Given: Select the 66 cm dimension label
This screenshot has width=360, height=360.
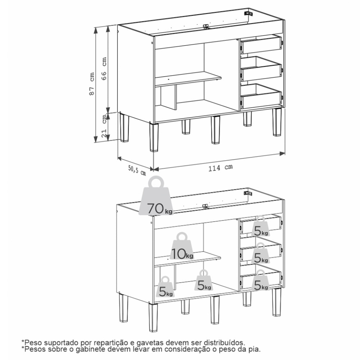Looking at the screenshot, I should point(104,68).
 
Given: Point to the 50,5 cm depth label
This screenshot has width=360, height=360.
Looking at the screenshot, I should point(137,170).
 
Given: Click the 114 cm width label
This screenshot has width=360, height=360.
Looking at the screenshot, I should point(220,167).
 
